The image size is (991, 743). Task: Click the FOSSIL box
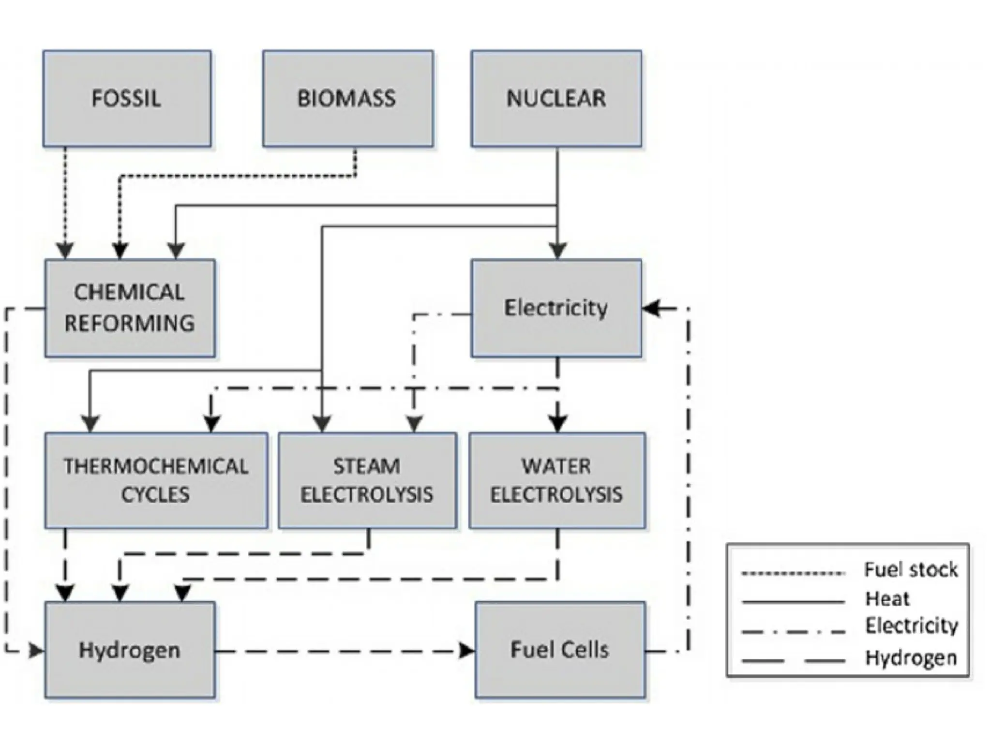127,99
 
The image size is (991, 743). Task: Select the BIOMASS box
347,99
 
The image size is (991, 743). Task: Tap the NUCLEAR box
556,99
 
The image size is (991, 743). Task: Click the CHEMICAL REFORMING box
130,308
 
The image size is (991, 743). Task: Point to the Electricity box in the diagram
556,308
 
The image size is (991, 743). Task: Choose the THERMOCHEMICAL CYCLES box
156,480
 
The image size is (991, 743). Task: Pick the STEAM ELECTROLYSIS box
367,480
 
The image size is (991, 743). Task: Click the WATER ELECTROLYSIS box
556,480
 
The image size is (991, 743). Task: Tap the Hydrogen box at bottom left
130,650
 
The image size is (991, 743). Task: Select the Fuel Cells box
560,650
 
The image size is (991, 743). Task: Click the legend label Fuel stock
911,570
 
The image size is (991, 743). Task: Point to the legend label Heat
887,599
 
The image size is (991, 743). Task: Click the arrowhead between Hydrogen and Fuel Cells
466,651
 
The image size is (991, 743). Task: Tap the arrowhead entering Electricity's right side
651,308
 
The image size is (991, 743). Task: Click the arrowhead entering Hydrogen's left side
37,651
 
